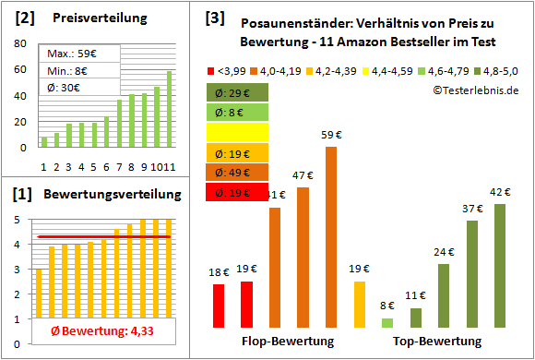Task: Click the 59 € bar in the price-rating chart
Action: tap(331, 236)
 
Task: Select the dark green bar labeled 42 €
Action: tap(500, 266)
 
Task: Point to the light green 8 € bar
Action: tap(387, 322)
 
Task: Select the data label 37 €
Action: tap(472, 209)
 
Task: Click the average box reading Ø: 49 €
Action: tap(237, 173)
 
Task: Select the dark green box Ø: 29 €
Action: tap(237, 92)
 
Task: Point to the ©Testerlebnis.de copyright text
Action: tap(475, 90)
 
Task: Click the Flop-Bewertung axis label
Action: tap(288, 342)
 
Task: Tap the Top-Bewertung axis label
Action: tap(437, 342)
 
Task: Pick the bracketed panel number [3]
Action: tap(215, 17)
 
